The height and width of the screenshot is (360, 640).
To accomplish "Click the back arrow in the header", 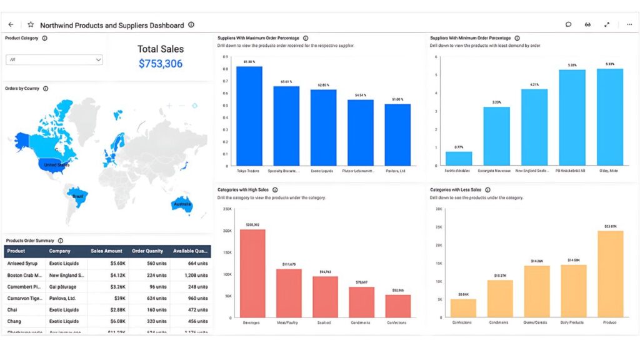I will click(x=11, y=25).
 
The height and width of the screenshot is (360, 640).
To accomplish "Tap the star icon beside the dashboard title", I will click(x=31, y=25).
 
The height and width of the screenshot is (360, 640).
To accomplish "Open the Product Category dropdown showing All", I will click(x=54, y=60).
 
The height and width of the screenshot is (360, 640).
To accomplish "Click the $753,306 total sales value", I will click(x=161, y=64).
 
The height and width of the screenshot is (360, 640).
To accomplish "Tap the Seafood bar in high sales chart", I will click(x=325, y=297).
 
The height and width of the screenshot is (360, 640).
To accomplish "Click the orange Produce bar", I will click(x=610, y=274).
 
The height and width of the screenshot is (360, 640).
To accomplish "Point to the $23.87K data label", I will click(x=610, y=226).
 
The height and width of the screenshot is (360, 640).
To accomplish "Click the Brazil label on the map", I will click(x=78, y=196).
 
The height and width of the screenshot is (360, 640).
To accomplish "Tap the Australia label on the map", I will click(x=182, y=204).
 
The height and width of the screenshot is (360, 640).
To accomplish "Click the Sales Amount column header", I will click(x=106, y=251).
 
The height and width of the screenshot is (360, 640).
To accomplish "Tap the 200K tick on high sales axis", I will click(x=227, y=231).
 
